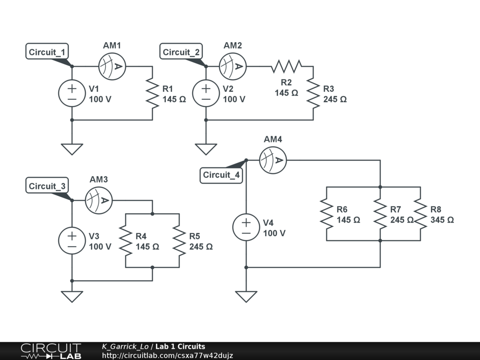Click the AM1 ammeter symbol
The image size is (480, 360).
[x=112, y=66]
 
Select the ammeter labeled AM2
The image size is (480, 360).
[x=233, y=66]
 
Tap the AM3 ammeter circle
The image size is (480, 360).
[x=98, y=200]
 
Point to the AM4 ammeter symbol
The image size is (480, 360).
[x=273, y=160]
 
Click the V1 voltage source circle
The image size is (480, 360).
[x=72, y=93]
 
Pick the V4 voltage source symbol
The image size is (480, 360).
[x=246, y=227]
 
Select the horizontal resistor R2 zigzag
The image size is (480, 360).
[x=286, y=66]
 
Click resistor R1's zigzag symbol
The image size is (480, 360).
[x=152, y=93]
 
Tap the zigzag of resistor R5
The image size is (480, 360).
[x=179, y=240]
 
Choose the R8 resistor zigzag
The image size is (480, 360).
[x=420, y=214]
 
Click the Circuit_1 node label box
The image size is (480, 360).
[x=47, y=52]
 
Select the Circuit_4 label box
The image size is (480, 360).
[x=221, y=175]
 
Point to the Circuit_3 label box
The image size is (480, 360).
[x=47, y=186]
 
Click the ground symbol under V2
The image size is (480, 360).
[x=206, y=149]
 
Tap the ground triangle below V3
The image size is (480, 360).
[x=72, y=296]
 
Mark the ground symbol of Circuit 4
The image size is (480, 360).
[x=246, y=296]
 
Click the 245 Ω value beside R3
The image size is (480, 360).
[x=335, y=99]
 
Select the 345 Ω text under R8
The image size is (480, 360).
[x=442, y=220]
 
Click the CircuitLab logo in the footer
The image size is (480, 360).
[x=51, y=351]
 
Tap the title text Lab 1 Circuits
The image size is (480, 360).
[x=180, y=347]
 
